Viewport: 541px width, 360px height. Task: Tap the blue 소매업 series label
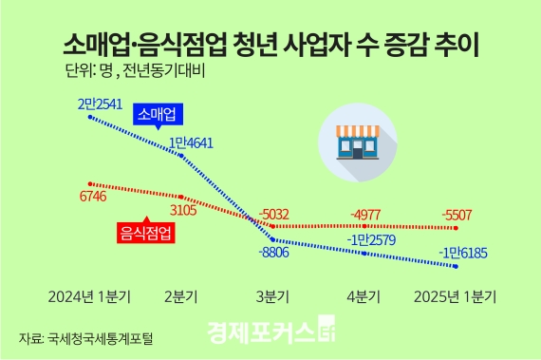tap(158, 115)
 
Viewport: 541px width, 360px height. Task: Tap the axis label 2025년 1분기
tap(457, 295)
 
